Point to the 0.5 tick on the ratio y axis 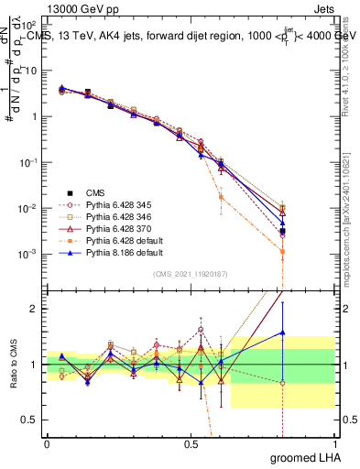tap(33, 420)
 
